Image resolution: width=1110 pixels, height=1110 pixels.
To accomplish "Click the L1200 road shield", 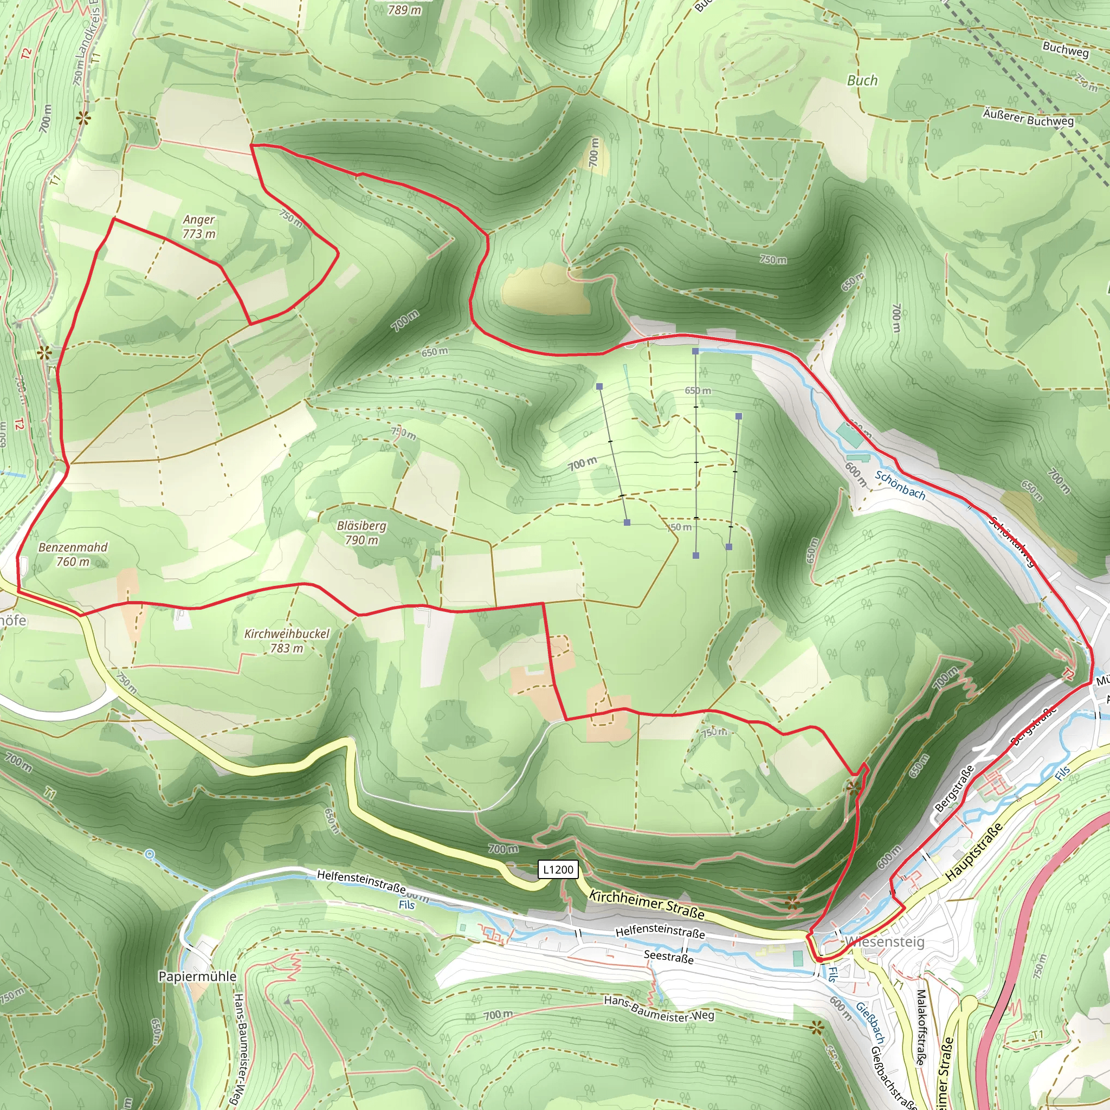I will (558, 869).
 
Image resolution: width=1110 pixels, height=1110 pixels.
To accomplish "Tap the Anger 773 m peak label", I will (199, 227).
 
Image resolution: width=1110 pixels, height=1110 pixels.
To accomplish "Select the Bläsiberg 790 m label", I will (362, 533).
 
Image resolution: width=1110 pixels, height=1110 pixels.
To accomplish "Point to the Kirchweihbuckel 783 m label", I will (287, 641).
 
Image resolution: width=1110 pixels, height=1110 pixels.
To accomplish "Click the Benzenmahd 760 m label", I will (73, 554).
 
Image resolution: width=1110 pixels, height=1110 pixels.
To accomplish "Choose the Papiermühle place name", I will (197, 976).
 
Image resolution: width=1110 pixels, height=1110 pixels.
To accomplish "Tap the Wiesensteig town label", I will (884, 941).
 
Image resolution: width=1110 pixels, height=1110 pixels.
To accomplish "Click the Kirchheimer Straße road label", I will (647, 905).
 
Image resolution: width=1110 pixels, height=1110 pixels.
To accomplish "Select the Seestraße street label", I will (668, 957).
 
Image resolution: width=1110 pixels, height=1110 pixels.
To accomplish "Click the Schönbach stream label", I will (900, 485).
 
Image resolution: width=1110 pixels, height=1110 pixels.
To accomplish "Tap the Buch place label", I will (862, 80).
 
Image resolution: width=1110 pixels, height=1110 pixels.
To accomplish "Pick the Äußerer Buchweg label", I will (1028, 117).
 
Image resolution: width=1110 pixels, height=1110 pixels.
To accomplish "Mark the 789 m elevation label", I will (404, 10).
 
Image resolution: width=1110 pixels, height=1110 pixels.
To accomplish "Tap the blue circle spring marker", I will (150, 855).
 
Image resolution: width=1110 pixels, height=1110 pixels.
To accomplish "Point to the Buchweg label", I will (1065, 49).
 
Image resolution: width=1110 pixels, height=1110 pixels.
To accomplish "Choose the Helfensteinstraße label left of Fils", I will (361, 881).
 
